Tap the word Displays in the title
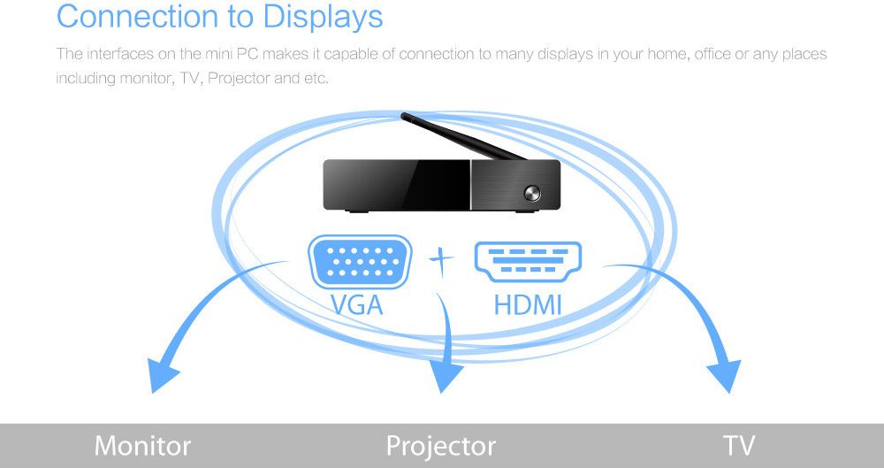pyautogui.click(x=323, y=17)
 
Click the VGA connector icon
pyautogui.click(x=360, y=262)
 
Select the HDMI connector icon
pyautogui.click(x=528, y=262)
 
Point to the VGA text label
pyautogui.click(x=357, y=305)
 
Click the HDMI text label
pyautogui.click(x=528, y=305)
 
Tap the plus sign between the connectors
pyautogui.click(x=441, y=261)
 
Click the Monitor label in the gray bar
pyautogui.click(x=142, y=446)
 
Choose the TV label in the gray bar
pyautogui.click(x=738, y=446)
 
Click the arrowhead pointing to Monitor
pyautogui.click(x=162, y=374)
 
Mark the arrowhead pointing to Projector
pyautogui.click(x=446, y=376)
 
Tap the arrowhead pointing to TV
pyautogui.click(x=725, y=376)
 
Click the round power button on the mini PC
pyautogui.click(x=531, y=194)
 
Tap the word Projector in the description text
pyautogui.click(x=239, y=78)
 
